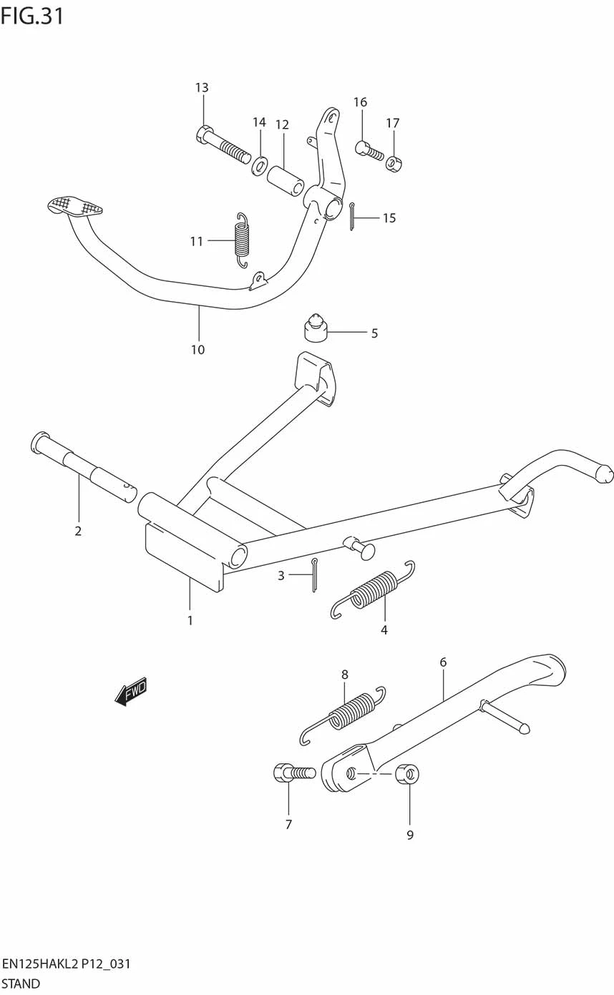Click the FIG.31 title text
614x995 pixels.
pos(32,16)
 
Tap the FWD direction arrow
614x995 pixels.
pos(131,691)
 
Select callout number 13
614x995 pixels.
pos(202,87)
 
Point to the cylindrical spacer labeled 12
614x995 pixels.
pos(286,180)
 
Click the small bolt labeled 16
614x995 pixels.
pos(369,150)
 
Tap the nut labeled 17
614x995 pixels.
pos(394,164)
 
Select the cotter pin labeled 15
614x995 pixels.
pos(352,217)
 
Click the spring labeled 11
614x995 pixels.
pos(241,240)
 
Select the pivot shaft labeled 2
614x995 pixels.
pos(84,466)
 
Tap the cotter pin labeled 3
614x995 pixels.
pos(314,575)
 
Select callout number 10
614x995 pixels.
pos(198,350)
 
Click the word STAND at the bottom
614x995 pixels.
pos(21,984)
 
